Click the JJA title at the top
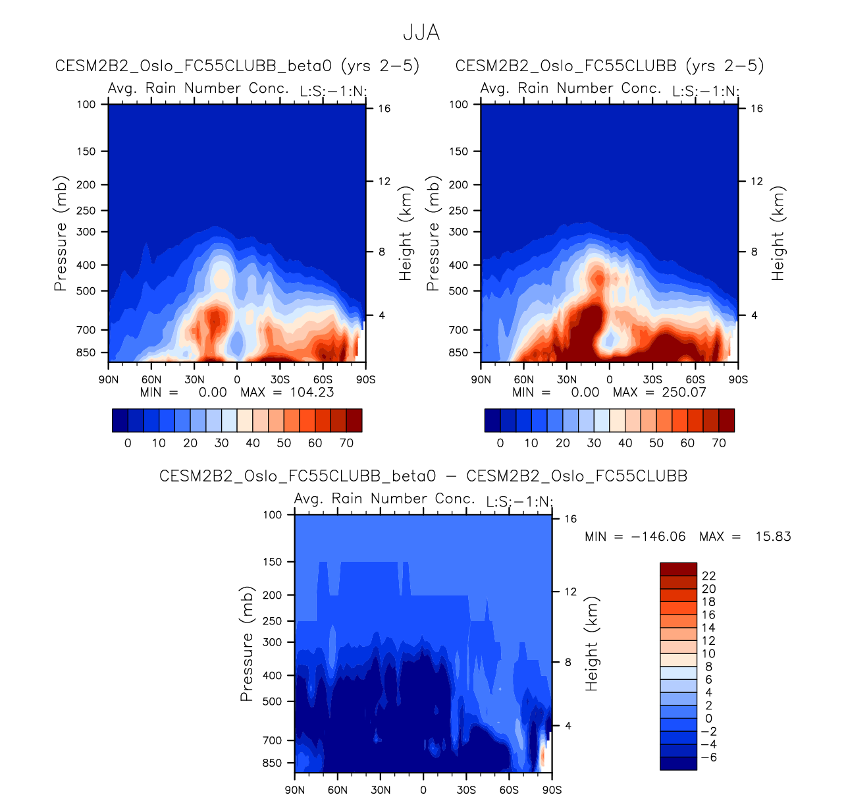[x=421, y=32]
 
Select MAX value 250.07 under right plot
[x=684, y=393]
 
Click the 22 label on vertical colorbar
[x=708, y=576]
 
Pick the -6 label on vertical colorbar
[x=708, y=757]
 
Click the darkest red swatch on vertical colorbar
[x=678, y=569]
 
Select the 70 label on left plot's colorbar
[x=346, y=443]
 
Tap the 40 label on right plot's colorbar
[x=625, y=443]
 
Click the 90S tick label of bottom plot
[x=552, y=790]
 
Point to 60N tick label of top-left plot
[x=151, y=379]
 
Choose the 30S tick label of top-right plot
[x=652, y=379]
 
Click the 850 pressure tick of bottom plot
[x=272, y=763]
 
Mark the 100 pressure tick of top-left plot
[x=86, y=104]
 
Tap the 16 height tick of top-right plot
[x=756, y=109]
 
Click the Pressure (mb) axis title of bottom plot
[x=247, y=644]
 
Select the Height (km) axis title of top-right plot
[x=779, y=233]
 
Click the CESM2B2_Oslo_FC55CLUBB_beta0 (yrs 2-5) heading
[x=238, y=66]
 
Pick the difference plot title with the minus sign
[x=423, y=476]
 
